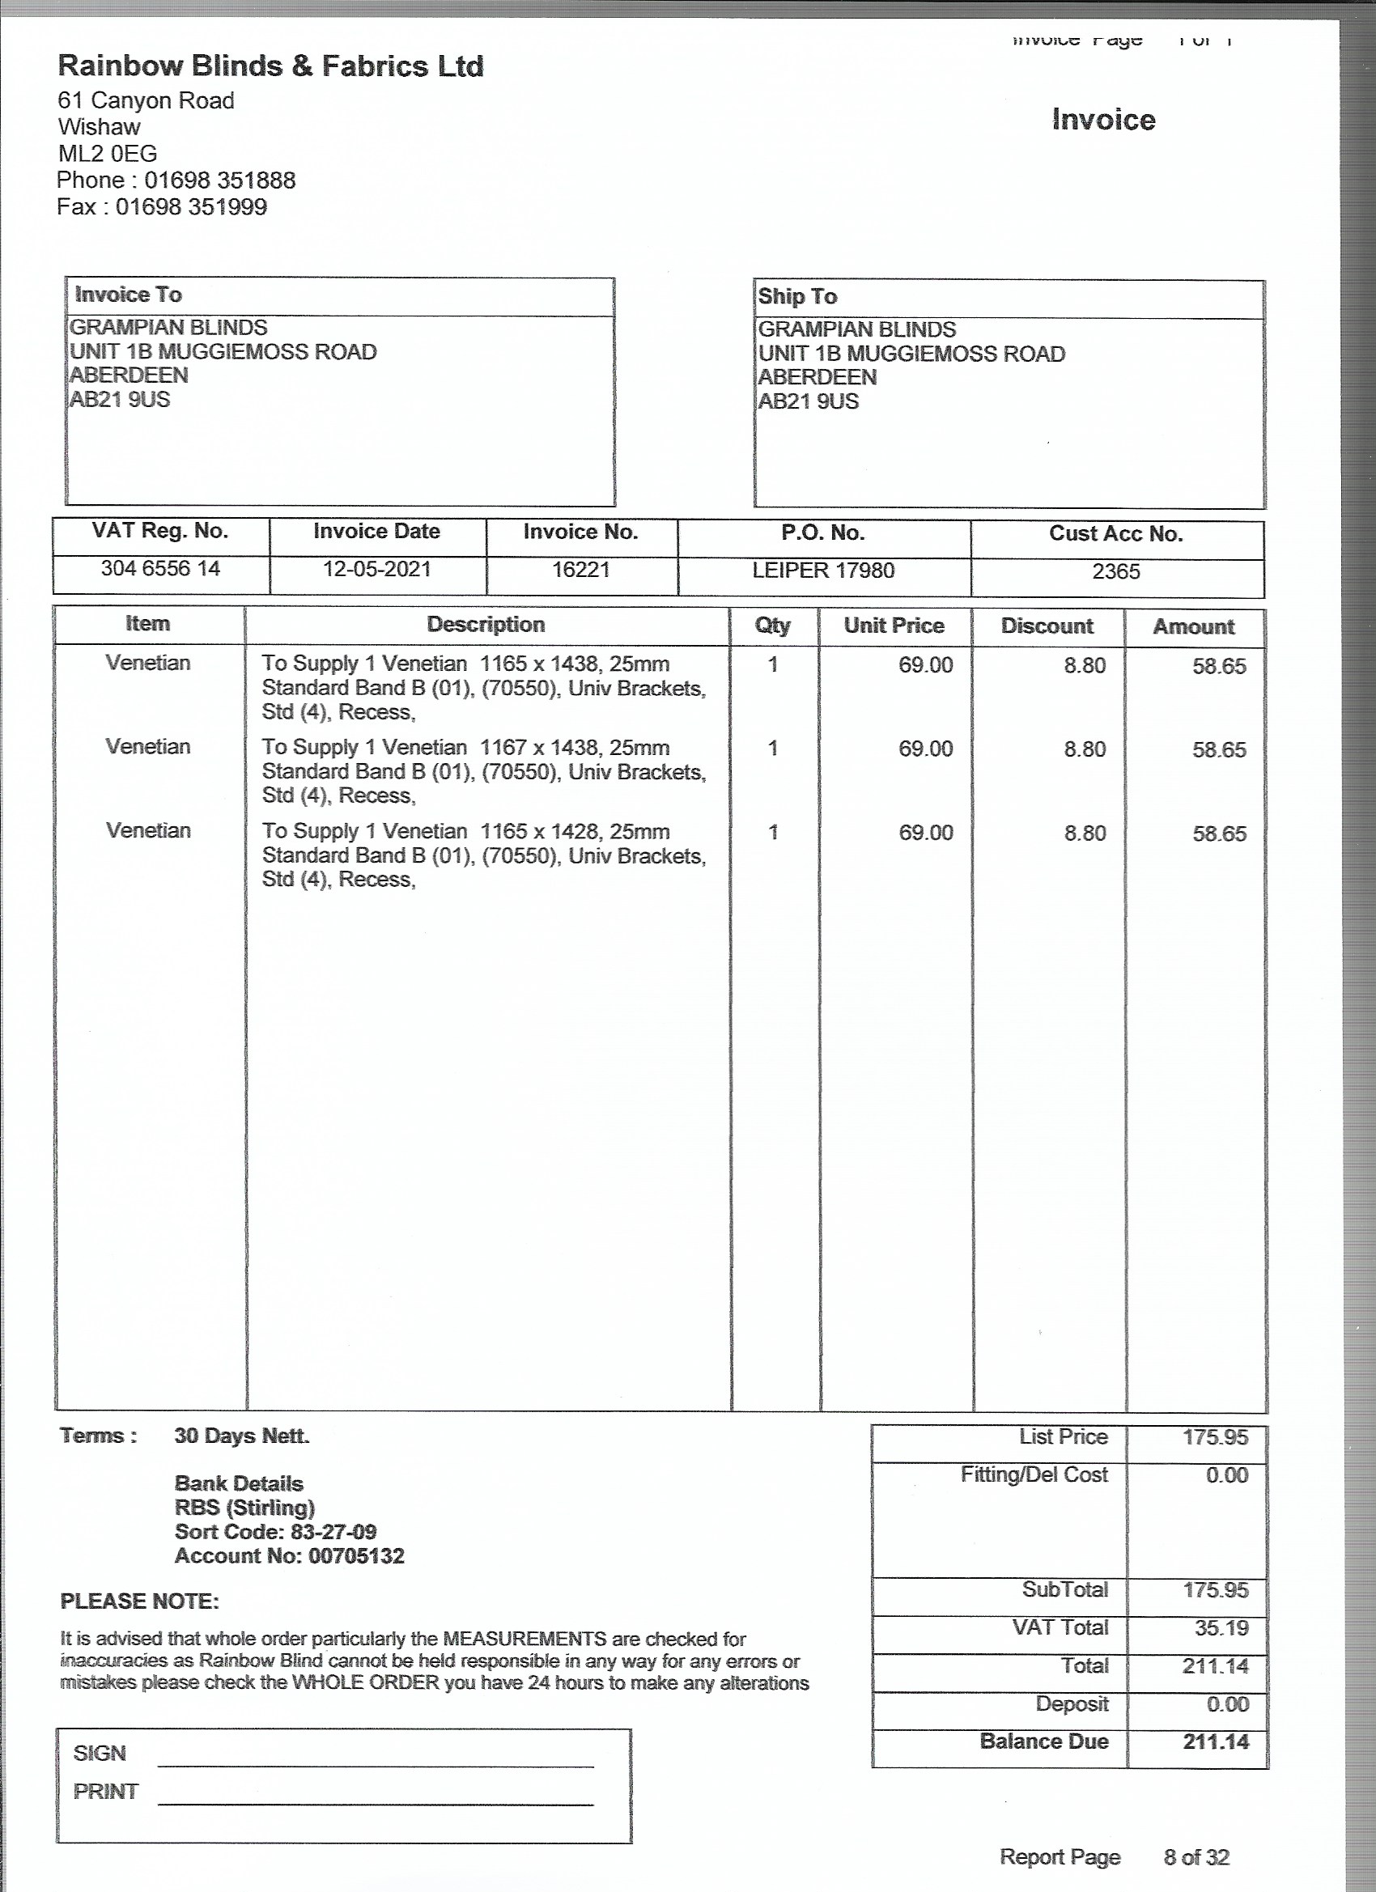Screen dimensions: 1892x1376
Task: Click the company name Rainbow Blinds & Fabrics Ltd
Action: pos(270,66)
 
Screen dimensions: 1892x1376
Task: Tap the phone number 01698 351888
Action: pos(219,180)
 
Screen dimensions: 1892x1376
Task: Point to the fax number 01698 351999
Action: pos(191,207)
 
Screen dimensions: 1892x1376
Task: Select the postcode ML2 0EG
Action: pos(108,154)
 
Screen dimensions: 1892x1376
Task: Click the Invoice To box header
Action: pos(129,295)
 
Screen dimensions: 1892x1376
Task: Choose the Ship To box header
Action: pos(797,296)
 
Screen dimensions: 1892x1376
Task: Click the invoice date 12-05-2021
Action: pos(377,569)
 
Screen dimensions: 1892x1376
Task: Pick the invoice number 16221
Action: pos(581,570)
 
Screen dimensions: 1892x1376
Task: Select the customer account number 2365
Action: pos(1115,571)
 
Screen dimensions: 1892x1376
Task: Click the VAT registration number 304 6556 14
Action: pos(160,568)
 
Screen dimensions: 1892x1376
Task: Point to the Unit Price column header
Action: pos(894,626)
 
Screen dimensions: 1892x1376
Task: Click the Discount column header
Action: pos(1047,626)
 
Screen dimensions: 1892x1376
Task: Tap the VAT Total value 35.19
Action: pos(1221,1627)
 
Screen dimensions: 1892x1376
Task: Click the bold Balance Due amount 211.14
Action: pos(1216,1741)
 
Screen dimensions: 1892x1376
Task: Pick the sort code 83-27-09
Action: pos(333,1532)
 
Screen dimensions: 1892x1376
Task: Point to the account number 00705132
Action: pos(356,1556)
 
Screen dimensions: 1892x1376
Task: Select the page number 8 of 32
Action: pos(1196,1857)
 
